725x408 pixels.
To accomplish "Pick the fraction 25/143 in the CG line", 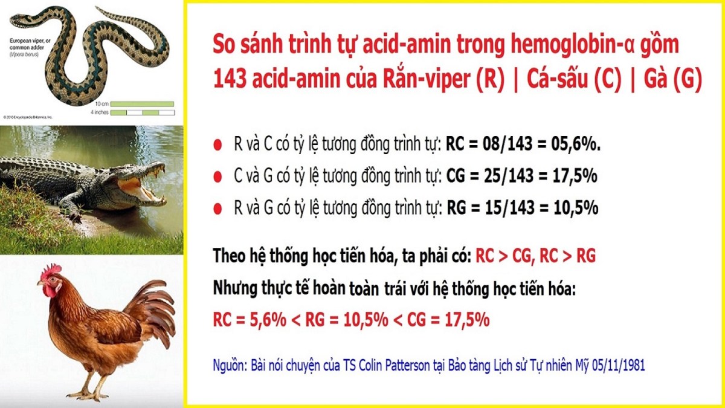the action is [509, 176].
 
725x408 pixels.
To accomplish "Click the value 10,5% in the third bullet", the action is [576, 207].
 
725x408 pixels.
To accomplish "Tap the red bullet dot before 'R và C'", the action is [217, 144].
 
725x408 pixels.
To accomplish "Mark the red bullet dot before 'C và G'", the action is [217, 176].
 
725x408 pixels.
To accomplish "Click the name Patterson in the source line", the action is [402, 366].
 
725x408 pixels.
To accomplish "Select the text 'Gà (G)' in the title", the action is [672, 79].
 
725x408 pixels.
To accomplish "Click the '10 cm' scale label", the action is [102, 104].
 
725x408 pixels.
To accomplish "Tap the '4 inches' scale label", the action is [100, 112].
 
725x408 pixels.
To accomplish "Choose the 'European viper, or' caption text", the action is [30, 41].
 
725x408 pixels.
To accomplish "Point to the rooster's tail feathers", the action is [152, 311].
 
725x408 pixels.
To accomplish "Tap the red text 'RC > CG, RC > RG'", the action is [536, 256].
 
